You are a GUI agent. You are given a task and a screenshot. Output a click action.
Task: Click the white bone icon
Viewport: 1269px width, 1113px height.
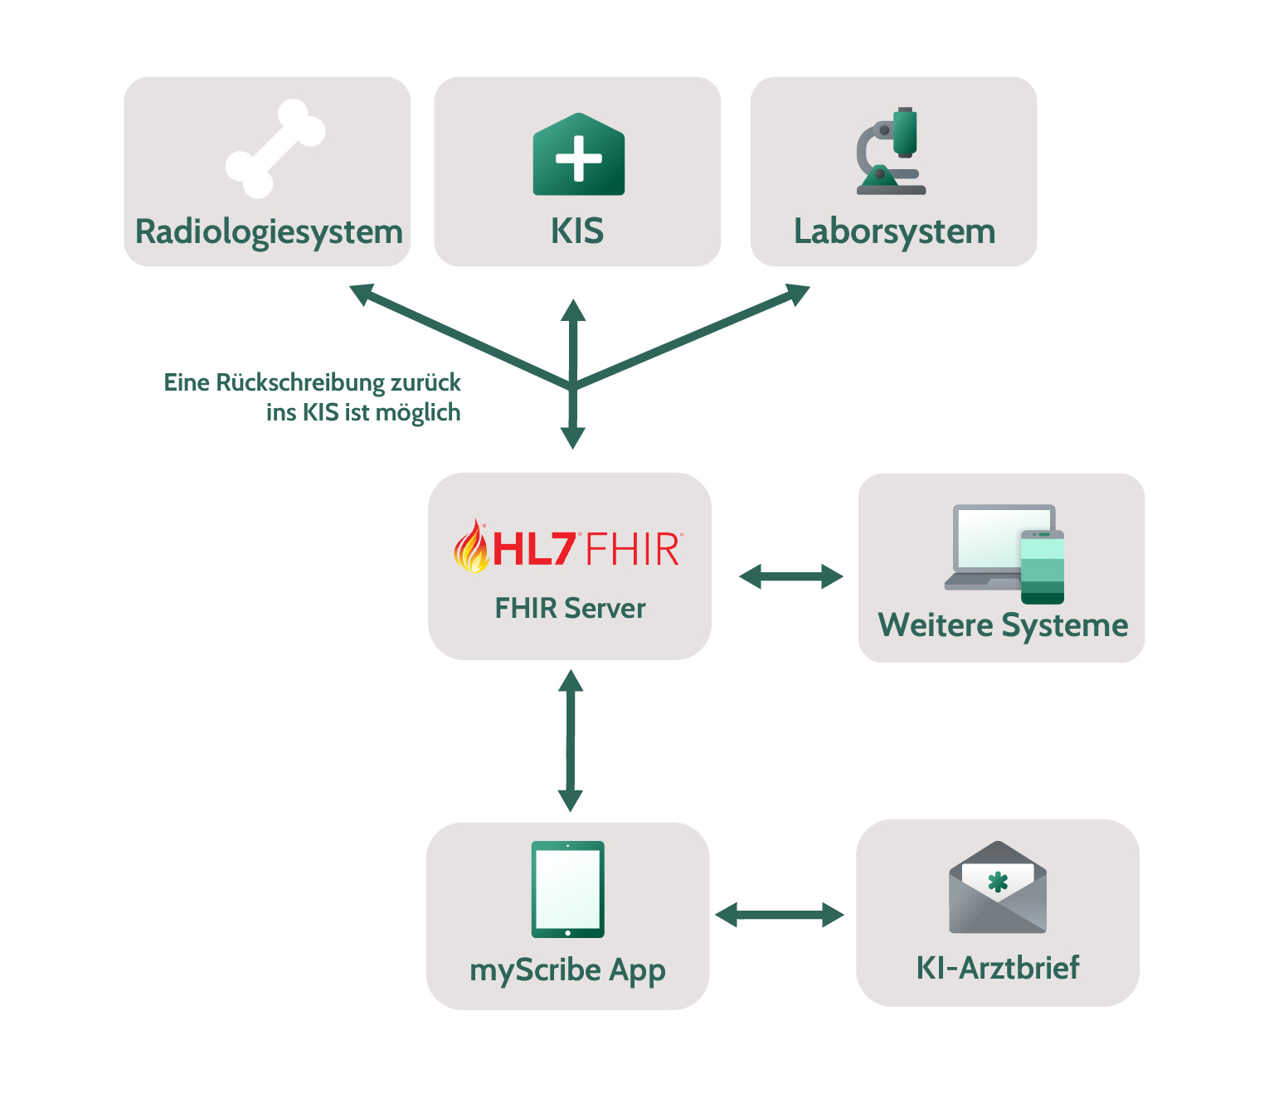[x=275, y=149]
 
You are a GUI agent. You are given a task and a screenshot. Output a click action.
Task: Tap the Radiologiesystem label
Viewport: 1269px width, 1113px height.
[x=269, y=231]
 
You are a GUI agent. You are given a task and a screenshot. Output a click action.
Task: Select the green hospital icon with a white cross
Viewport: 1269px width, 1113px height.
[x=578, y=155]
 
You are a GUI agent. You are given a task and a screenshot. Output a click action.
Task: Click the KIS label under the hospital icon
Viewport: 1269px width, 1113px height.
[x=577, y=231]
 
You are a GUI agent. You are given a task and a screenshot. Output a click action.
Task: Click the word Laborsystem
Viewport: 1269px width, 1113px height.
[x=894, y=231]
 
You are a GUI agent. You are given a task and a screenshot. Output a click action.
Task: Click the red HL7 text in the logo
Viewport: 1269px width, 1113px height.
[x=534, y=549]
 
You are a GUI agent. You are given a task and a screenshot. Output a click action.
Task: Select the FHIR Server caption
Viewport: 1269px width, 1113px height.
[x=570, y=608]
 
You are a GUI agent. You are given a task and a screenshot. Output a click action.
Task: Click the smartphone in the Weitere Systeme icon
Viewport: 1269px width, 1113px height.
[x=1042, y=567]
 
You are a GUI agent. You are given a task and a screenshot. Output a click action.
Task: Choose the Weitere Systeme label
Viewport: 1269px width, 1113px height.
[x=1003, y=625]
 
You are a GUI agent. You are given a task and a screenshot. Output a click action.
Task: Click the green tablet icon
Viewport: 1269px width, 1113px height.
[x=568, y=889]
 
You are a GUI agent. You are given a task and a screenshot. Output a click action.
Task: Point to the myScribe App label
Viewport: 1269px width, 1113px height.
[x=567, y=970]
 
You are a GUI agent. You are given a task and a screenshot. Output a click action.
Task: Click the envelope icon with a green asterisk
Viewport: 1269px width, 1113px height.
[x=998, y=889]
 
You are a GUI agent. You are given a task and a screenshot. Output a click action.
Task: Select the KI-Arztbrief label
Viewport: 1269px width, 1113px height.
[x=997, y=968]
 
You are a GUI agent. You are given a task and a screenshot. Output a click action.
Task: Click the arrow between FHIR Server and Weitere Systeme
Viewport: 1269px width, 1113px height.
[x=790, y=576]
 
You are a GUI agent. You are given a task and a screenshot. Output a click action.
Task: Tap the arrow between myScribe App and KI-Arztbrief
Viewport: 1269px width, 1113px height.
[x=780, y=915]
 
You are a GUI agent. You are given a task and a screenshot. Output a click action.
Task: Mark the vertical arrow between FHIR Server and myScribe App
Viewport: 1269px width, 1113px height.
[x=570, y=741]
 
